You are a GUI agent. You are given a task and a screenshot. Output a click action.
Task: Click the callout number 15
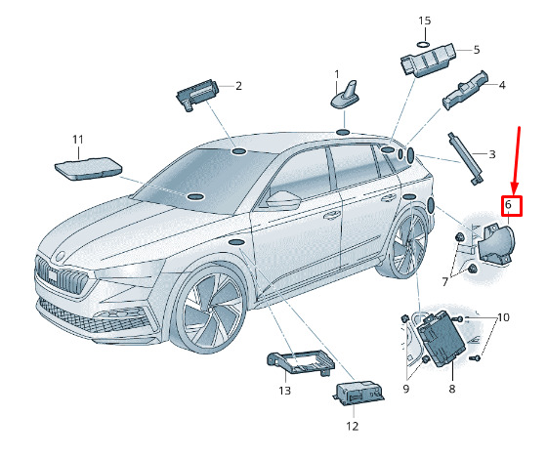(425, 21)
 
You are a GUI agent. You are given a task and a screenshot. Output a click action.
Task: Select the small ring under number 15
(424, 44)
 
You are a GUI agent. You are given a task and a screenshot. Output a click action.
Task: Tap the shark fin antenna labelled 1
(345, 96)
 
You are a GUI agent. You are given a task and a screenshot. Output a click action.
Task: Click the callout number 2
(238, 86)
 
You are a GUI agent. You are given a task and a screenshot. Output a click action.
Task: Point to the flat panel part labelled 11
(88, 169)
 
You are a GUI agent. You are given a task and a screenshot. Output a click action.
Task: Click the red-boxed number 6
(512, 206)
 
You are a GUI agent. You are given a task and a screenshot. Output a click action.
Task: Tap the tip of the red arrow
(514, 193)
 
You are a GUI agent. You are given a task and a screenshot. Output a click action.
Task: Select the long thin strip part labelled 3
(466, 159)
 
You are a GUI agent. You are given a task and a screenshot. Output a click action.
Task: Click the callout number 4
(502, 85)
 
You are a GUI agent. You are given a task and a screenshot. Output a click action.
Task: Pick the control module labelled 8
(442, 338)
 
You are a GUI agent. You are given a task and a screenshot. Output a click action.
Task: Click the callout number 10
(503, 317)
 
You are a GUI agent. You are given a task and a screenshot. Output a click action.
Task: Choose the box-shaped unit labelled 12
(359, 395)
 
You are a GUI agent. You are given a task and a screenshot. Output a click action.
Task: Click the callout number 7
(444, 282)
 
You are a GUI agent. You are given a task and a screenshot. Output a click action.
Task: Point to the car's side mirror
(283, 200)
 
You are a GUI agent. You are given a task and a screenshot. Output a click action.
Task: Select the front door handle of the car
(332, 215)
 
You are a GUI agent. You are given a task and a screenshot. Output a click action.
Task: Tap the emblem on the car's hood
(60, 256)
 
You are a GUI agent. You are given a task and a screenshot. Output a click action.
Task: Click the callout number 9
(405, 389)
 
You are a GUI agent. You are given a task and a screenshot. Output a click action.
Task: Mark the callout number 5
(477, 50)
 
